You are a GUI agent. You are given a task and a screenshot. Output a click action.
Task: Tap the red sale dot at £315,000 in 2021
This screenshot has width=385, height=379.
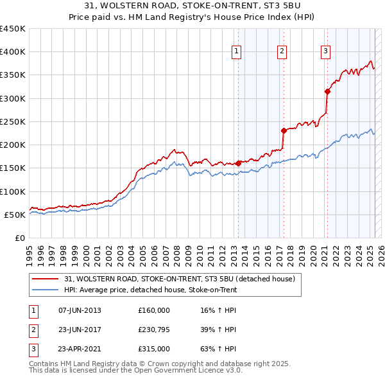point(327,91)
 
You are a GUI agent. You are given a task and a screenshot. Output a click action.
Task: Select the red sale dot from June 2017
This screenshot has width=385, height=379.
point(283,130)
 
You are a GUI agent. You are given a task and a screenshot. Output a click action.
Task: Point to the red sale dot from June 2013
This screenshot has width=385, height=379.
point(238,163)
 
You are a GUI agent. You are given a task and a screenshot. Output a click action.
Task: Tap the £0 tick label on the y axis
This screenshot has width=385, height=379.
point(19,238)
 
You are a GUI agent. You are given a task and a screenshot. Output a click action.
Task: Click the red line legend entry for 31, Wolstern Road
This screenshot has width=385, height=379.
point(179,279)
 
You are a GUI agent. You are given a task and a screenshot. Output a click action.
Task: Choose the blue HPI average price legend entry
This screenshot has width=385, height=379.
point(150,290)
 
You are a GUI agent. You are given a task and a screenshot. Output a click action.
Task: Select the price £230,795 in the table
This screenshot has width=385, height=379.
point(154,330)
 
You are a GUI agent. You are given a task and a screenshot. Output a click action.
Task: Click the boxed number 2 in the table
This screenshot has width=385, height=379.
point(33,330)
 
